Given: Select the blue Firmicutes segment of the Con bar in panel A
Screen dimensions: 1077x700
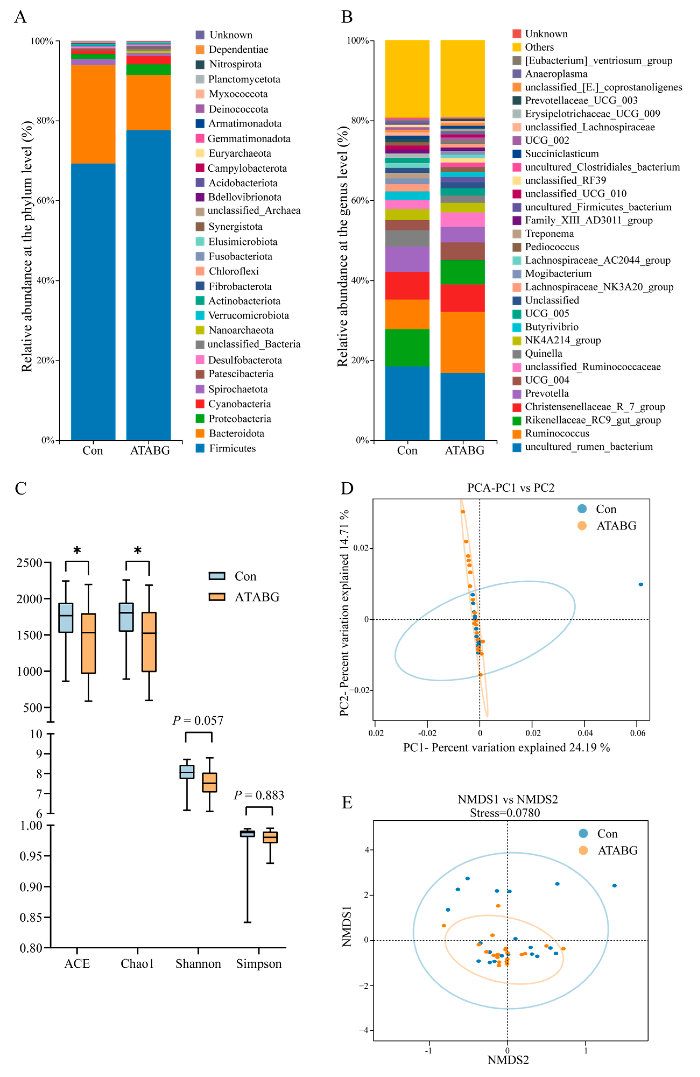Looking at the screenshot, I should (93, 301).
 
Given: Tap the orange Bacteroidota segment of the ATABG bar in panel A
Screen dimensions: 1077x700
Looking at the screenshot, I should (148, 103).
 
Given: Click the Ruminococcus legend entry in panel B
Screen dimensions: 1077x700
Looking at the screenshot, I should (557, 433).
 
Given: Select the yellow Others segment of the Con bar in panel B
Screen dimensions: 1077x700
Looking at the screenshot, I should (407, 79).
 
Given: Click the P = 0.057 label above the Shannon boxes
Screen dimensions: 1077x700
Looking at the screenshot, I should (198, 720).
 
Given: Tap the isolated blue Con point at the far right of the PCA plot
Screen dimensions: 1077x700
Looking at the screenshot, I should (640, 584).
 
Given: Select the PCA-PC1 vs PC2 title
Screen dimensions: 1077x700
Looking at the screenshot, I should (511, 488).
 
